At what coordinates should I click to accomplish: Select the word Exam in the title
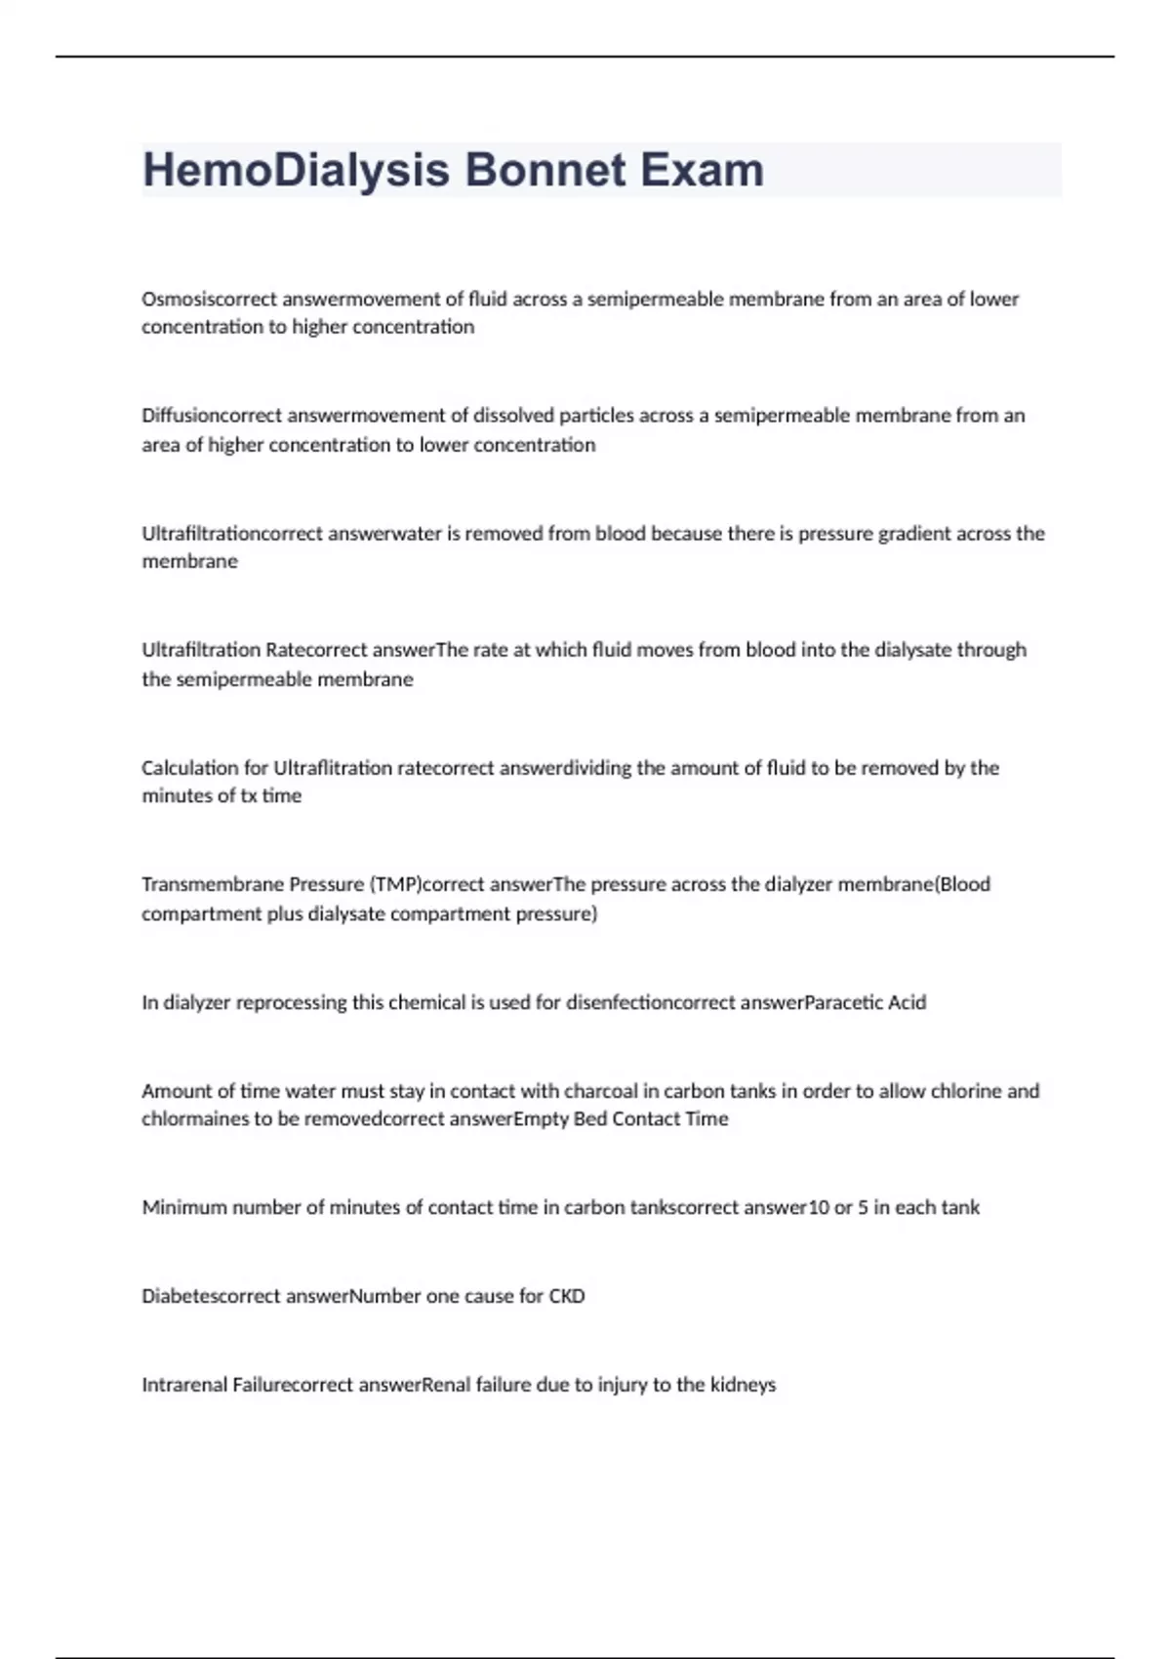pyautogui.click(x=702, y=170)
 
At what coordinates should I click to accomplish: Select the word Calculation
pyautogui.click(x=191, y=768)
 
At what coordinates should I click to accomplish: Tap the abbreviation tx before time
pyautogui.click(x=249, y=796)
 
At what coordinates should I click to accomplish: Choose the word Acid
pyautogui.click(x=907, y=1002)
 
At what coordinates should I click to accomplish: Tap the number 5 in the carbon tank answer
pyautogui.click(x=863, y=1208)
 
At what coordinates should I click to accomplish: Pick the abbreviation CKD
pyautogui.click(x=566, y=1297)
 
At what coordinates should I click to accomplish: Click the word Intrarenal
pyautogui.click(x=184, y=1385)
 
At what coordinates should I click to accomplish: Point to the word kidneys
pyautogui.click(x=743, y=1385)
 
